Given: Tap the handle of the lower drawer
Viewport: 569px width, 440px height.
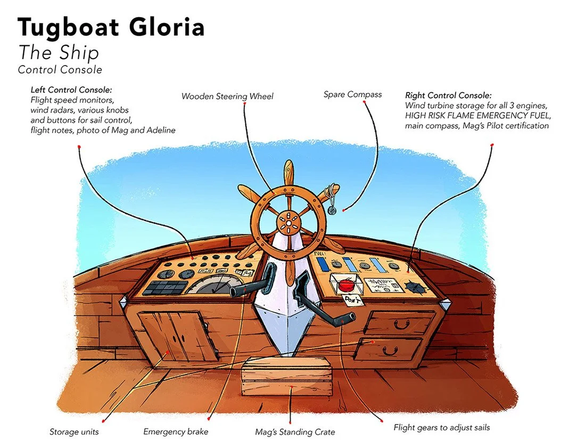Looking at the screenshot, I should click(x=390, y=349).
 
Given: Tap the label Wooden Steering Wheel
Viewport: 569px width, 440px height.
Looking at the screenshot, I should click(x=227, y=96).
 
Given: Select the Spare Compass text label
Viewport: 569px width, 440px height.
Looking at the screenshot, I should click(x=352, y=94).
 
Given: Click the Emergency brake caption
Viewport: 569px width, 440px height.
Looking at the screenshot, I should click(x=176, y=431).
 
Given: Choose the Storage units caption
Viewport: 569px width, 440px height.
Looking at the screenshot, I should click(x=74, y=431).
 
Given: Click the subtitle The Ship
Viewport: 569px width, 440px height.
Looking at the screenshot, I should click(x=59, y=52).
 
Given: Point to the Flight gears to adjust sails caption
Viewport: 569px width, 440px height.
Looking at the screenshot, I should click(x=441, y=427).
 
